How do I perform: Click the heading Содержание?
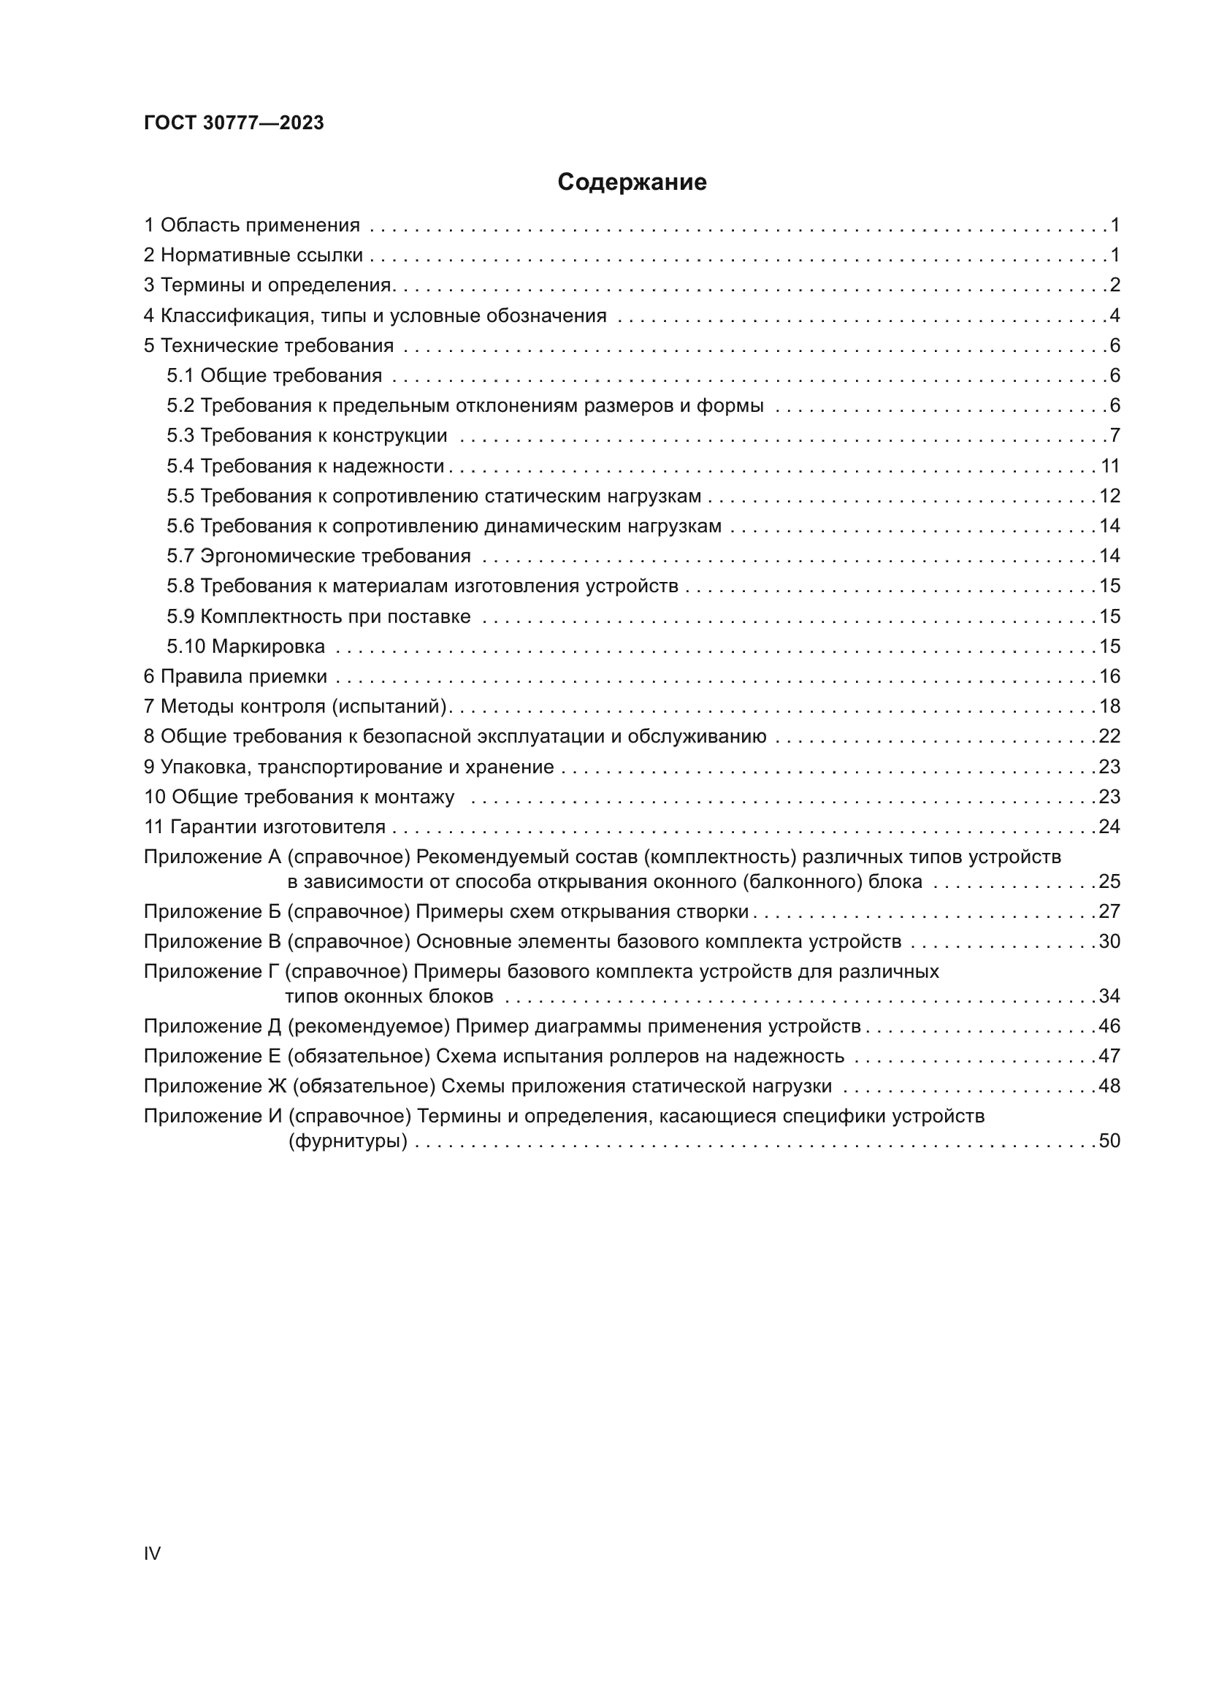pyautogui.click(x=632, y=183)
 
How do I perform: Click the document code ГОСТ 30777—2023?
pyautogui.click(x=234, y=123)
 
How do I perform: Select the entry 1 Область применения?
pyautogui.click(x=251, y=226)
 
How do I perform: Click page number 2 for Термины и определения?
pyautogui.click(x=1115, y=286)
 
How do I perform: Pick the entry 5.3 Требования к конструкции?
pyautogui.click(x=307, y=436)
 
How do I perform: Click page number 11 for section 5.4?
pyautogui.click(x=1110, y=467)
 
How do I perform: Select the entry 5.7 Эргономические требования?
pyautogui.click(x=318, y=556)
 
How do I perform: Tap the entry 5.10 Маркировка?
pyautogui.click(x=245, y=646)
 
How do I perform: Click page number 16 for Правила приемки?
pyautogui.click(x=1109, y=677)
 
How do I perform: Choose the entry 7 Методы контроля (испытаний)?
pyautogui.click(x=294, y=707)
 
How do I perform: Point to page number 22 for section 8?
pyautogui.click(x=1109, y=737)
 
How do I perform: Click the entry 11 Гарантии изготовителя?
pyautogui.click(x=265, y=827)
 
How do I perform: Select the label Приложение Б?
pyautogui.click(x=213, y=912)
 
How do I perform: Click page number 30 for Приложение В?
pyautogui.click(x=1109, y=942)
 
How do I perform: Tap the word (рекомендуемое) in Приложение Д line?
pyautogui.click(x=368, y=1027)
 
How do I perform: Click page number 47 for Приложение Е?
pyautogui.click(x=1109, y=1057)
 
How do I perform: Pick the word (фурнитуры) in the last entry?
pyautogui.click(x=348, y=1141)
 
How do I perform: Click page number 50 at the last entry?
pyautogui.click(x=1109, y=1141)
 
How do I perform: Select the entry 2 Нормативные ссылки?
pyautogui.click(x=253, y=256)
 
